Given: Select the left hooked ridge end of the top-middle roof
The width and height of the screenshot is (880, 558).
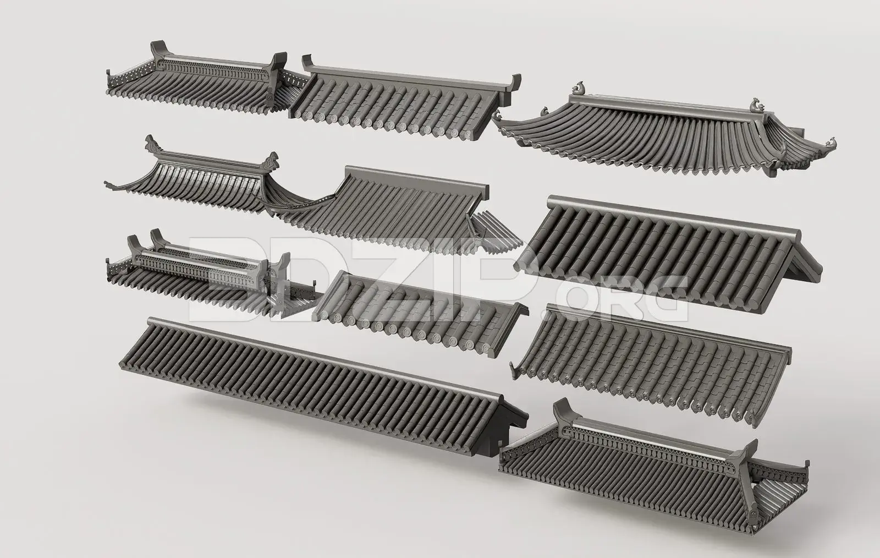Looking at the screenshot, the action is pyautogui.click(x=307, y=62).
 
